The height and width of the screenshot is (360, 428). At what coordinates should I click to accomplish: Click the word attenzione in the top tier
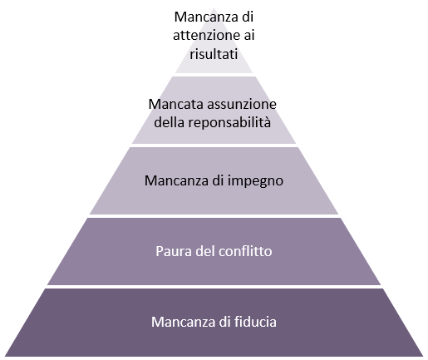[x=206, y=36]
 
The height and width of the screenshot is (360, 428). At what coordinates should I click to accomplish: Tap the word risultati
[x=214, y=53]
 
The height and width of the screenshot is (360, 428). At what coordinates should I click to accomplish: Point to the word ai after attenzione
[x=249, y=35]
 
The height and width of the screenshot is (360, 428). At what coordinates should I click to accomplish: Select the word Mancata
[x=176, y=105]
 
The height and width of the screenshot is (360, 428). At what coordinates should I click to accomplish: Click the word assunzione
[x=242, y=105]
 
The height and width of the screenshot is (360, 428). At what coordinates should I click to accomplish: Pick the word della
[x=169, y=122]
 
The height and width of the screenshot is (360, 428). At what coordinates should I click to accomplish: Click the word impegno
[x=255, y=181]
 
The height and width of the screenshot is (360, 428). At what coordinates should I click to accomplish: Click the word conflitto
[x=245, y=251]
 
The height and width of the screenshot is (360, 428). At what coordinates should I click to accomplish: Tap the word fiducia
[x=255, y=322]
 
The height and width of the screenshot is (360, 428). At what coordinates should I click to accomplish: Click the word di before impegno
[x=218, y=180]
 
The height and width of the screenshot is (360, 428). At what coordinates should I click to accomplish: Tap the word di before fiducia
[x=224, y=322]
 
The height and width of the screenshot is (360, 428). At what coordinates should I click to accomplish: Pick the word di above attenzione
[x=248, y=17]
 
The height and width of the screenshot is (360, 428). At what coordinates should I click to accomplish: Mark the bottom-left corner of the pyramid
[x=5, y=356]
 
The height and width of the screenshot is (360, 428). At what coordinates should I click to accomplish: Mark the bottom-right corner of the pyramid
[x=423, y=356]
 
